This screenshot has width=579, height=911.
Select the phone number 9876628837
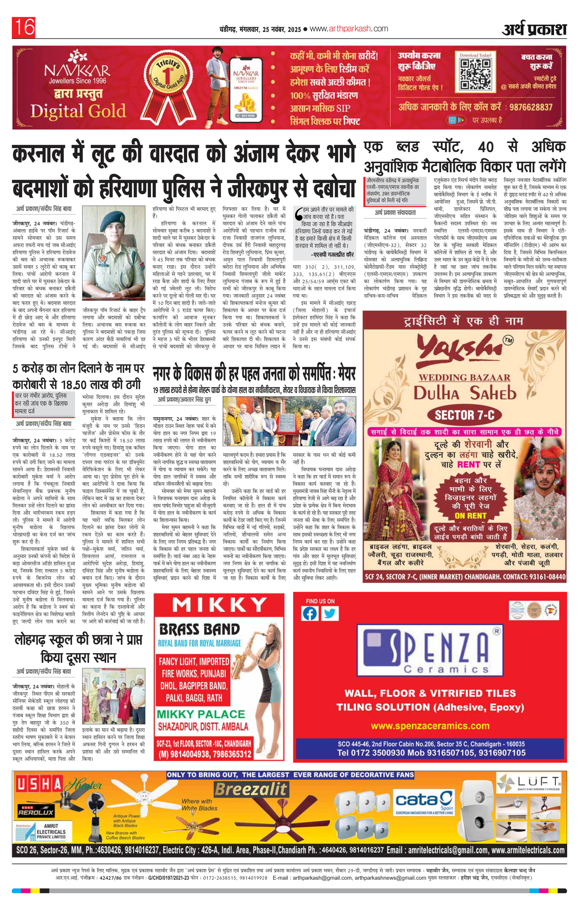point(531,107)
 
